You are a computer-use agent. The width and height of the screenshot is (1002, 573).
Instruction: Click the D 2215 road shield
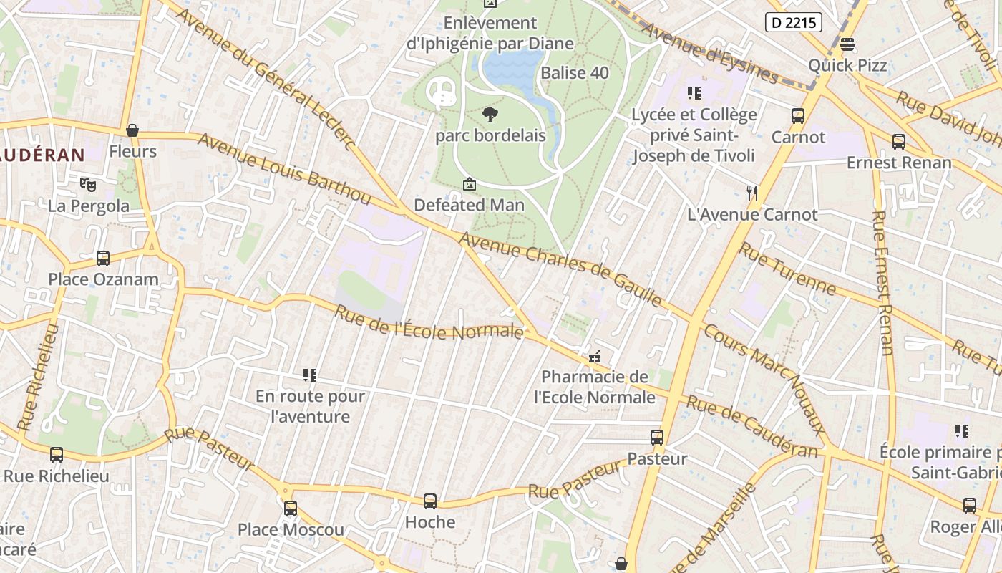pos(793,23)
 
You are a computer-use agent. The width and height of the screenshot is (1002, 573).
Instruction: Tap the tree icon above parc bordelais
pos(490,114)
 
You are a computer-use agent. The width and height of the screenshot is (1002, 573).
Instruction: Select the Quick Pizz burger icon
pos(847,44)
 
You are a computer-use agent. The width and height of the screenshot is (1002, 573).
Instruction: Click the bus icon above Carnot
pos(798,115)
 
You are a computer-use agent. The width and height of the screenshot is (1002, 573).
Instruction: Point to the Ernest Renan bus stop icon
pos(899,142)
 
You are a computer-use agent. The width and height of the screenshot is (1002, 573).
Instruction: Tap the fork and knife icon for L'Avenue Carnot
pos(752,193)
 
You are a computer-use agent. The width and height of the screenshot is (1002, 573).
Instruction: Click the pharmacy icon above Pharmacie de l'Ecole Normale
pos(594,356)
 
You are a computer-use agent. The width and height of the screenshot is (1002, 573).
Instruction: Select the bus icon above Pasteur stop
pos(657,437)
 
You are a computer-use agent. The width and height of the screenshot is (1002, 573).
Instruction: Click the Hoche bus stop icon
pos(430,501)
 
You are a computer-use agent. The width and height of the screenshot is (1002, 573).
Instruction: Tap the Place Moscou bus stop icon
pos(291,509)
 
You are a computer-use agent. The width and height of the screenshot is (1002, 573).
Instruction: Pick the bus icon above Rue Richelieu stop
pos(57,455)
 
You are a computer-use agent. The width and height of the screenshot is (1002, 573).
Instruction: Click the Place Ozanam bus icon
pos(103,258)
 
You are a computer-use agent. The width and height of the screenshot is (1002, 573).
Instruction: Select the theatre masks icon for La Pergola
pos(88,185)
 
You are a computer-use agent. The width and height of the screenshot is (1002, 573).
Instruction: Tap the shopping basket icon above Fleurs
pos(132,130)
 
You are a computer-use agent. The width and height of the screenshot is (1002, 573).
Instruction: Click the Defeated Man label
pos(469,205)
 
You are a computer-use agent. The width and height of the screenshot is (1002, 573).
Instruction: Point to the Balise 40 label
pos(575,73)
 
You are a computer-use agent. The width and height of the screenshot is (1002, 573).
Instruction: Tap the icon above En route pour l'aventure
pos(310,375)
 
